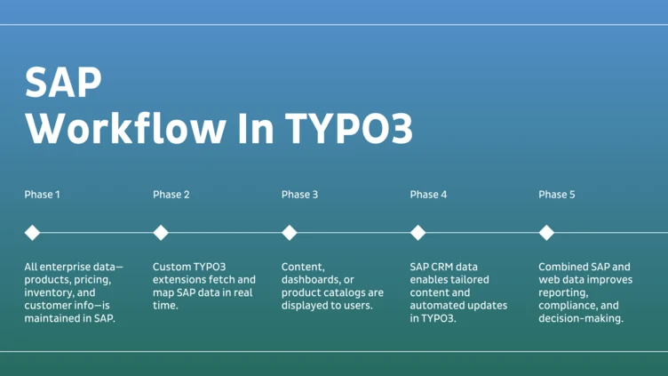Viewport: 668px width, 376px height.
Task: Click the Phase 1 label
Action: click(x=43, y=195)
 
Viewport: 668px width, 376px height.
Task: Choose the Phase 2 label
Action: click(x=171, y=195)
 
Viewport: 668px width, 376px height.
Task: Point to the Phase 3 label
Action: click(x=300, y=195)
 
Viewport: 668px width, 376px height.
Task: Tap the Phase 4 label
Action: click(x=429, y=195)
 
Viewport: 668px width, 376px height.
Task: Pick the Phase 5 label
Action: click(x=557, y=195)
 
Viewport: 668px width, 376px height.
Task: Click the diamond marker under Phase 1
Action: click(x=32, y=233)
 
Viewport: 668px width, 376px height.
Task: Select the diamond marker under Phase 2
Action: click(x=161, y=233)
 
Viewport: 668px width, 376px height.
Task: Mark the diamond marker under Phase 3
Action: click(x=290, y=233)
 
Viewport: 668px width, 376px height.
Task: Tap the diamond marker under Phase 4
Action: click(x=417, y=233)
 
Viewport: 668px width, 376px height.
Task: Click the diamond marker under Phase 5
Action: click(x=546, y=233)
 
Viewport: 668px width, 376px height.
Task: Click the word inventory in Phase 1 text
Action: click(x=50, y=292)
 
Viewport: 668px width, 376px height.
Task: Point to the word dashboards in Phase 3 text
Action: click(x=311, y=279)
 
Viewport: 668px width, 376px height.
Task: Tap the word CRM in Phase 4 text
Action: click(x=445, y=266)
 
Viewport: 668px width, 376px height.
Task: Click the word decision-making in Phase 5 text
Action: click(x=581, y=318)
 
